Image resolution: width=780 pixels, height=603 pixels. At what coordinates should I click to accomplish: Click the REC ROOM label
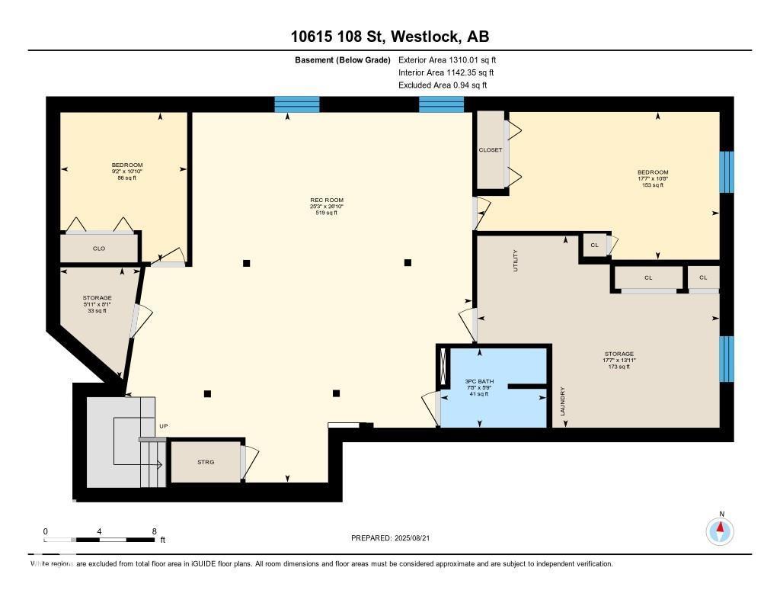coord(321,200)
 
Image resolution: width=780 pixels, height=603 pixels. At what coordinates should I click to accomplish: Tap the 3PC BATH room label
coord(481,379)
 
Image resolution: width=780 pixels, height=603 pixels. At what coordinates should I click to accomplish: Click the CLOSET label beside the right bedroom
coord(491,150)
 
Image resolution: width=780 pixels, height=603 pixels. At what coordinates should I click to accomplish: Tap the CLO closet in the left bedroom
coord(99,249)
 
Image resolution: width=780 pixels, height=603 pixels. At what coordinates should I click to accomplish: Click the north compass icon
coord(720,530)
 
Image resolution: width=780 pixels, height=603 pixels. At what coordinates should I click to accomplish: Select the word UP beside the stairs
coord(163,425)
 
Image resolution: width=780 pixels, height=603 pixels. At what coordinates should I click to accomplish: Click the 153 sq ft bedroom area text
coord(653,184)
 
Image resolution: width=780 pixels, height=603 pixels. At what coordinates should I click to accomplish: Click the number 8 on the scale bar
coord(155,531)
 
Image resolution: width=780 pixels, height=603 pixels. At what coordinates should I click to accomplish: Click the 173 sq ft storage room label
coord(619,367)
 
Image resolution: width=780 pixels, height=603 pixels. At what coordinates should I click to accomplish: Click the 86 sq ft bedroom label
coord(127,178)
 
